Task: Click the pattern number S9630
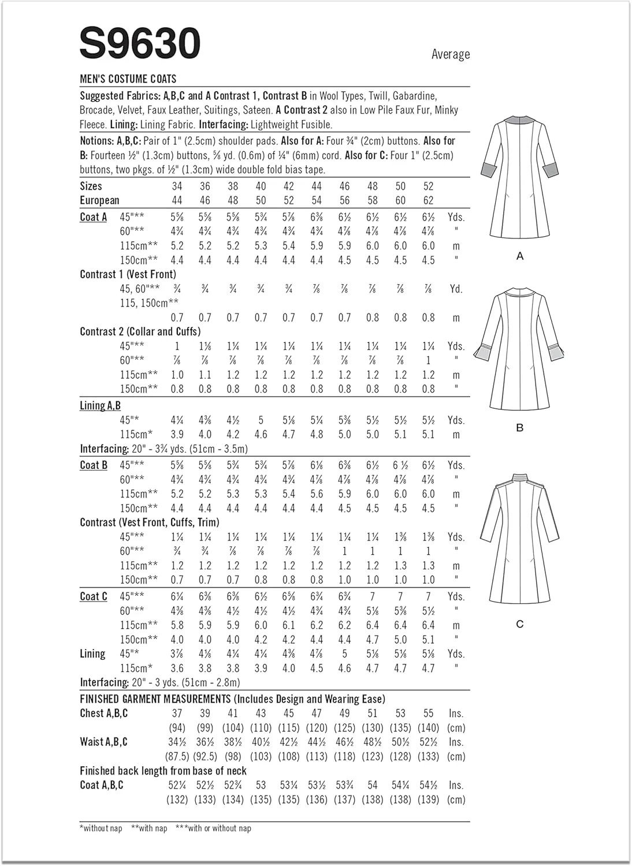point(140,43)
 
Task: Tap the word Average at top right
point(450,54)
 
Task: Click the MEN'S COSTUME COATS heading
point(128,79)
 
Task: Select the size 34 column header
point(177,186)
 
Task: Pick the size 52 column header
point(428,186)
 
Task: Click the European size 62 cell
point(428,200)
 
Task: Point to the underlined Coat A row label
point(94,217)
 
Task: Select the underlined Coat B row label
point(94,465)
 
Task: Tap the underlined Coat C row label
point(94,596)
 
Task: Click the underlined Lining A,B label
point(100,406)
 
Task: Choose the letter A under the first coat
point(519,256)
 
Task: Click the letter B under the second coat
point(519,428)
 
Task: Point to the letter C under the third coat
point(519,624)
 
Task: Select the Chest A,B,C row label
point(104,714)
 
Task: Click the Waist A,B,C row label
point(104,742)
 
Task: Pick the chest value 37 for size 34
point(177,714)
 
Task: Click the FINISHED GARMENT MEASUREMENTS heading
point(232,699)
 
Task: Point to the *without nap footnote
point(101,828)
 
